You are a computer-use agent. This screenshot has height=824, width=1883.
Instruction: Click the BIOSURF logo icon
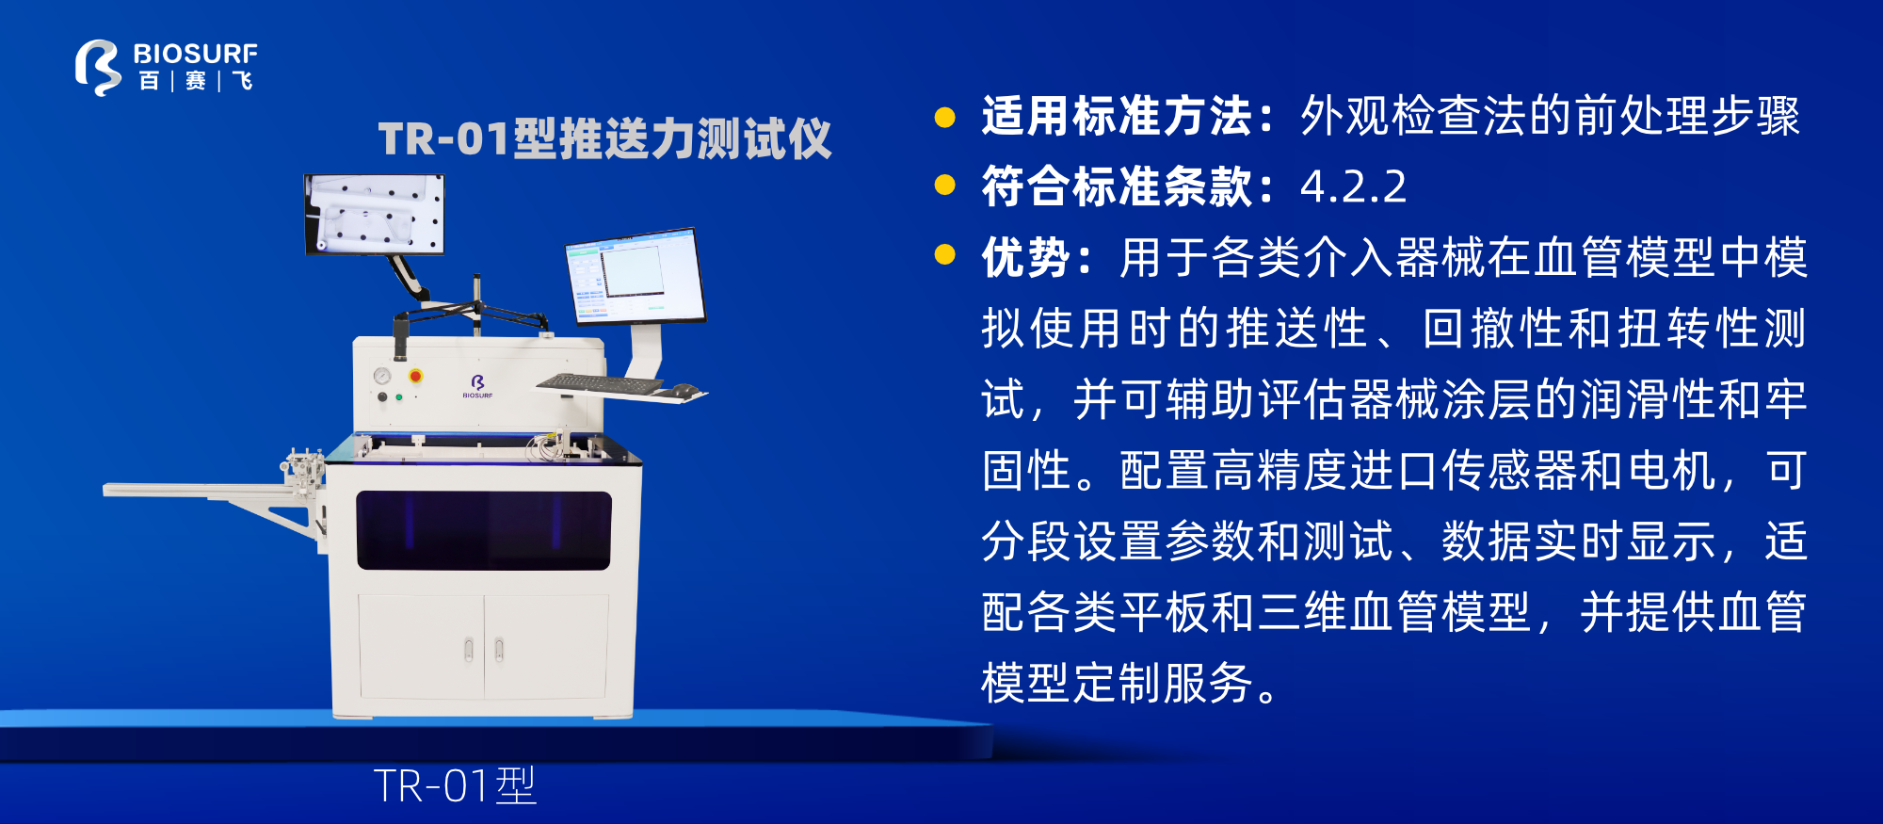[x=97, y=67]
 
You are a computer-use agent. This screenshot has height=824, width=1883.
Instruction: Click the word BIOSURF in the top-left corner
[x=195, y=54]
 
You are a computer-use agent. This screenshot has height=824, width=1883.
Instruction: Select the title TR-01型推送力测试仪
[x=604, y=139]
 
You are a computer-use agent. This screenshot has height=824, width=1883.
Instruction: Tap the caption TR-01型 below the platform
[x=455, y=785]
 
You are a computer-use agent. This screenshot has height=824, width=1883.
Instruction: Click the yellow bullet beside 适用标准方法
[x=944, y=117]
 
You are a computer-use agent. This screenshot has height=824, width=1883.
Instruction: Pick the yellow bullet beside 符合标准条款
[x=944, y=185]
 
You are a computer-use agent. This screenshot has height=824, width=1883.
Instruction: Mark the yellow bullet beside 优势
[x=944, y=255]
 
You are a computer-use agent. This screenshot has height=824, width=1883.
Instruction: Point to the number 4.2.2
[x=1353, y=186]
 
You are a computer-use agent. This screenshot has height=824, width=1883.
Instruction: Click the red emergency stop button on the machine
[x=415, y=376]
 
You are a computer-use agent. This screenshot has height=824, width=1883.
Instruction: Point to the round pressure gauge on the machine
[x=382, y=376]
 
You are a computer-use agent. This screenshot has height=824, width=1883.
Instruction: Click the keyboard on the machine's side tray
[x=600, y=384]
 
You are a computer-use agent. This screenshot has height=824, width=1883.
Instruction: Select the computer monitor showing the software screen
[x=635, y=276]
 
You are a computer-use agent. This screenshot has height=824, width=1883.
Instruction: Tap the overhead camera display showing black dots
[x=374, y=215]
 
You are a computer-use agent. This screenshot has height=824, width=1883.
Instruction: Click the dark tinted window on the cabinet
[x=484, y=530]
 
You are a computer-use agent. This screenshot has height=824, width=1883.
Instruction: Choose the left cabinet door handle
[x=469, y=649]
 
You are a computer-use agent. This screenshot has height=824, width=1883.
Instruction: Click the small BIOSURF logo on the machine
[x=477, y=384]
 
